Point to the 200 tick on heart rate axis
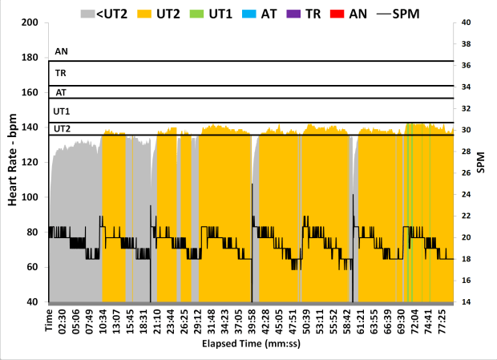coord(30,22)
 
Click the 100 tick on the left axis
coord(30,197)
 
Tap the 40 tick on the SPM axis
coord(467,22)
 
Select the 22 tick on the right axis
coord(467,216)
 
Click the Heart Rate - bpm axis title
coord(13,160)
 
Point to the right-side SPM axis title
coord(483,162)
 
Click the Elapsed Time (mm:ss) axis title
coord(251,345)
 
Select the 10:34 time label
coord(103,321)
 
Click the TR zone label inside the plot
coord(60,73)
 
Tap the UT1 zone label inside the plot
coord(62,111)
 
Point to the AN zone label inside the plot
coord(61,51)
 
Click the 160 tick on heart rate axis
coord(30,92)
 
